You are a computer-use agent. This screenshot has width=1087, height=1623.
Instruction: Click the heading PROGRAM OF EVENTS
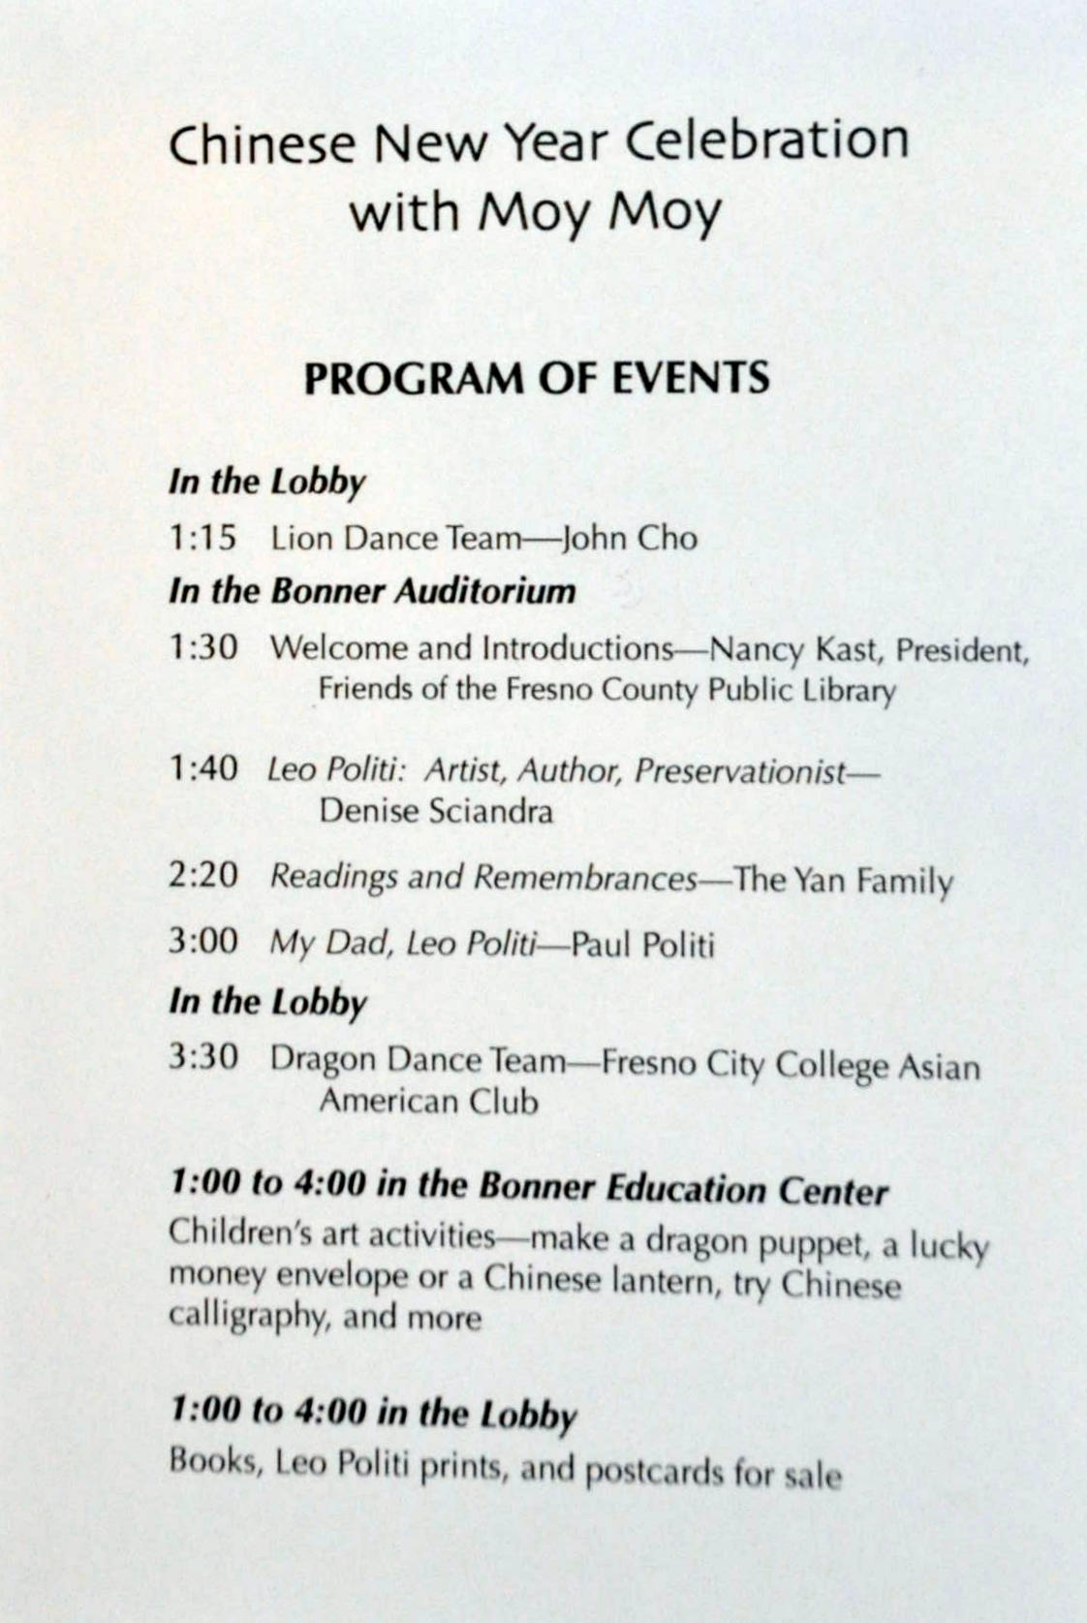537,378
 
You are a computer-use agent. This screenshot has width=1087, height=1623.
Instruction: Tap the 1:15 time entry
202,538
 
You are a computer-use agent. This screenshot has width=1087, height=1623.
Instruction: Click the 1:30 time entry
202,647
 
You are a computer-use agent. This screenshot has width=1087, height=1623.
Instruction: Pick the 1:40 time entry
202,769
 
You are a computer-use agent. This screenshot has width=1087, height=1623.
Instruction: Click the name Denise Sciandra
436,811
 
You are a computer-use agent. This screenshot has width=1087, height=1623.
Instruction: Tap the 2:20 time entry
202,876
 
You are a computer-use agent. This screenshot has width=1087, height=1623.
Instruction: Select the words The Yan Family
843,881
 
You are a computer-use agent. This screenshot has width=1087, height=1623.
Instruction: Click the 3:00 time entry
202,941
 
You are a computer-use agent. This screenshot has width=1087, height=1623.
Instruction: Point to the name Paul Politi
643,944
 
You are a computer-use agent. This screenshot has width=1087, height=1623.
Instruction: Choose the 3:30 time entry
202,1057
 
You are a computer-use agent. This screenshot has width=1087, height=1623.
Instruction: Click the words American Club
428,1102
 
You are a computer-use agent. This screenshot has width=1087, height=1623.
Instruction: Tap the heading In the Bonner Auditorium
372,591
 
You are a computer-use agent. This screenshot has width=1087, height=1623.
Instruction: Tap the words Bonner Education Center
683,1190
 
